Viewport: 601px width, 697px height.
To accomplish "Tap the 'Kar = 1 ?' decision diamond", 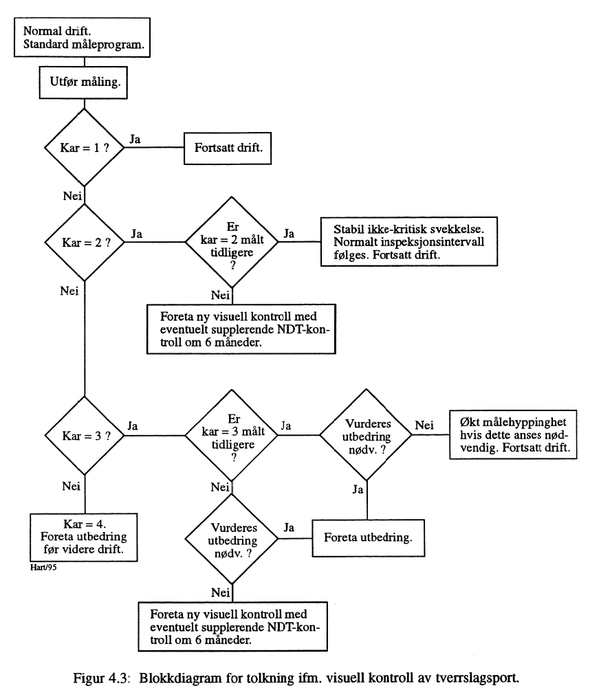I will [x=83, y=147].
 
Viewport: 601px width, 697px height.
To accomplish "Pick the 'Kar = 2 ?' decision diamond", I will [x=83, y=242].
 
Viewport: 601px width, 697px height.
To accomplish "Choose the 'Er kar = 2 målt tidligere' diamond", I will [x=232, y=242].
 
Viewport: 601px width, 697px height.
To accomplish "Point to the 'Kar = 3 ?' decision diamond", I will [x=83, y=435].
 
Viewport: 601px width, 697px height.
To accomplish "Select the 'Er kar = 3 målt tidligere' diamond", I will [x=232, y=435].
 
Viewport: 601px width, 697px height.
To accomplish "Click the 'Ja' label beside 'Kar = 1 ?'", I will [x=135, y=139].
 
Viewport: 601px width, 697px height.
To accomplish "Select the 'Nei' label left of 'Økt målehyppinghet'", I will [x=424, y=426].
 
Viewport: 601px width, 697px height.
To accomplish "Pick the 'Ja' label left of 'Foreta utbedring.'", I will [x=289, y=527].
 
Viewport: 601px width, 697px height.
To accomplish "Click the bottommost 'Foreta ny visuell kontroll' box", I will [x=234, y=626].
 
